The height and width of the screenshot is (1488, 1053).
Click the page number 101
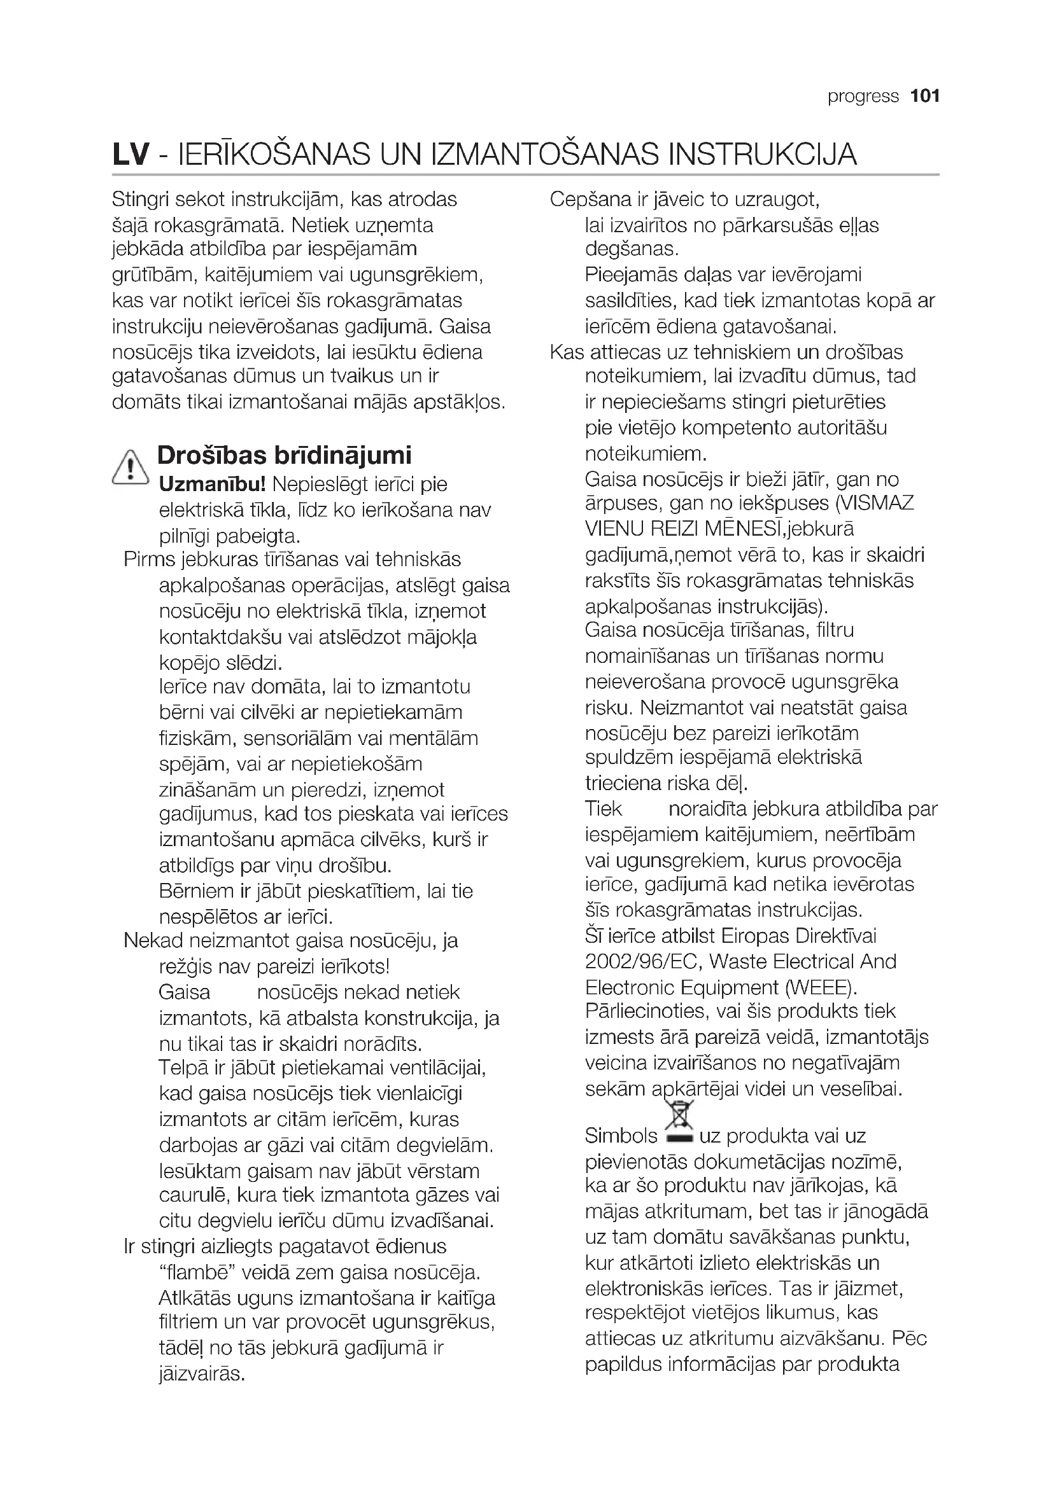tap(924, 97)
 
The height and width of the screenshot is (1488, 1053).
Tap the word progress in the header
tap(863, 97)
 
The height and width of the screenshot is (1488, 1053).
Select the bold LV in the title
tap(131, 154)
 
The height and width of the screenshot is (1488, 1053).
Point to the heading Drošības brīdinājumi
tap(284, 455)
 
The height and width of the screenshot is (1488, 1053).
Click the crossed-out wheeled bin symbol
tap(678, 1123)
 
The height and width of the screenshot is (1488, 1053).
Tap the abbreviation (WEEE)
tap(821, 988)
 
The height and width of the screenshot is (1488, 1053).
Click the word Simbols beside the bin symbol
tap(621, 1136)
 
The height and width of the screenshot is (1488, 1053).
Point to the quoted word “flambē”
tap(197, 1273)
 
